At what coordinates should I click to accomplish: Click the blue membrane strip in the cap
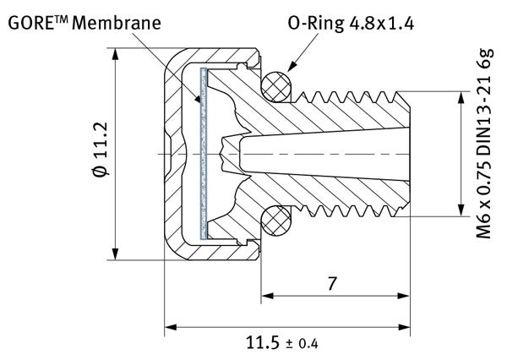tap(203, 152)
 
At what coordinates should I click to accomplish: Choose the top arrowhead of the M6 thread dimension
tap(461, 97)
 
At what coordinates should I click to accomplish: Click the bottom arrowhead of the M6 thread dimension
tap(461, 212)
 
